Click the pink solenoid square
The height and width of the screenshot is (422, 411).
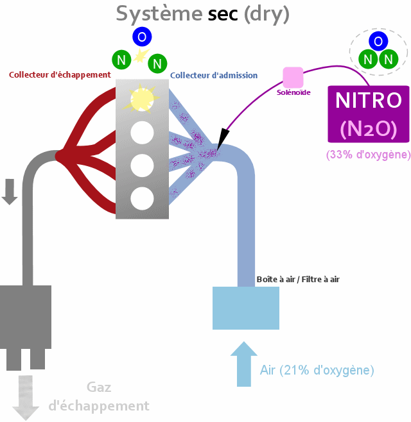coord(293,77)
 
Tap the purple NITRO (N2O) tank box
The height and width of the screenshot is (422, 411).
coord(369,114)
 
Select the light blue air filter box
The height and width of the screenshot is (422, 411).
coord(246,308)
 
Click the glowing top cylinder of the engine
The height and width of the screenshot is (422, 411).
coord(143,99)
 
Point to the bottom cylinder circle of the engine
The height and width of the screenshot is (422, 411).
coord(143,198)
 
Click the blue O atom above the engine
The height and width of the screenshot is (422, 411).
coord(141,37)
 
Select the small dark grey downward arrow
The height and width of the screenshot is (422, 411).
coord(10,192)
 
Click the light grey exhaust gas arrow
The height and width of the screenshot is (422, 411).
coord(26,397)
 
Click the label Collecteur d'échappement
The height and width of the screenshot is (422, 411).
coord(60,75)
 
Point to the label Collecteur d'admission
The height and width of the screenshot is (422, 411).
coord(214,75)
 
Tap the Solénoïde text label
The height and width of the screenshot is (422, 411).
coord(293,92)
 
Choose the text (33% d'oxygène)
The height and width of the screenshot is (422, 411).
coord(368,155)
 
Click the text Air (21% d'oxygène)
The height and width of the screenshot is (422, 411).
coord(317,370)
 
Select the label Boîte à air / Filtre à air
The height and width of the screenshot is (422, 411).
coord(298,279)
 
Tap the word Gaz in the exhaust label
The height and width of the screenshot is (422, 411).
coord(99,387)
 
